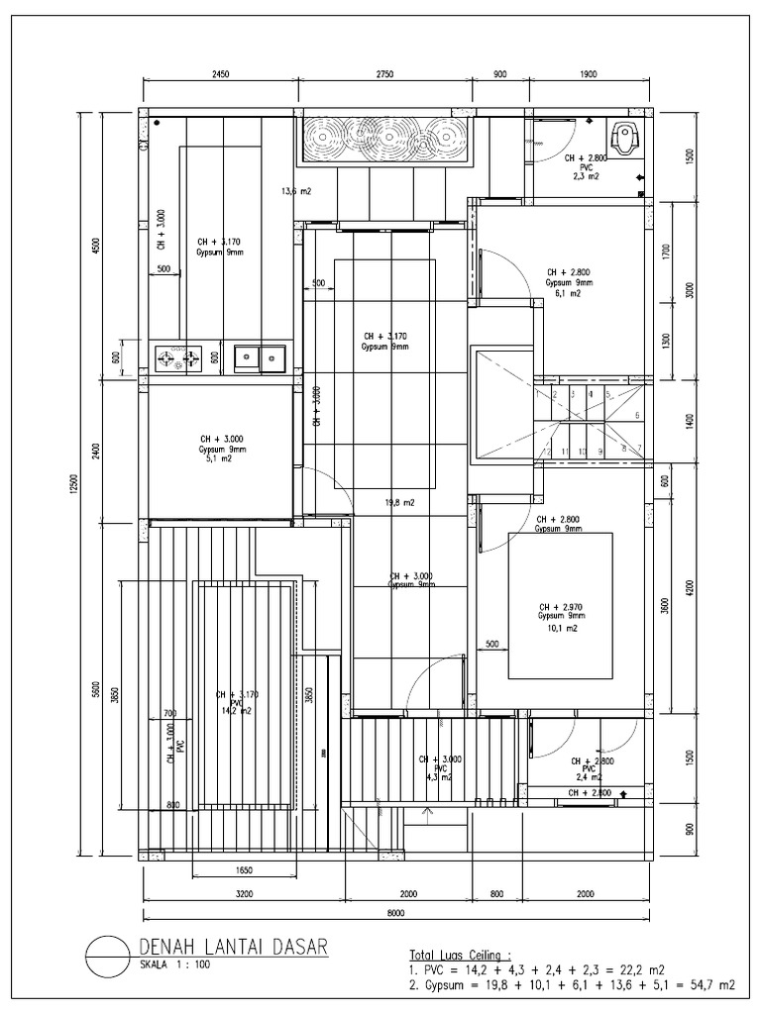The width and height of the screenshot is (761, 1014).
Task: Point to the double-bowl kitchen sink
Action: point(260,356)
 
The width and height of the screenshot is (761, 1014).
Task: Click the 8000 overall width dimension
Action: point(395,913)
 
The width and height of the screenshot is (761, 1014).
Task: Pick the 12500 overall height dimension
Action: point(74,485)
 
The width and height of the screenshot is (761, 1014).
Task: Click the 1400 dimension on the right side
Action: point(691,420)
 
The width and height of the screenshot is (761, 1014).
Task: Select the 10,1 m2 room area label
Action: point(561,628)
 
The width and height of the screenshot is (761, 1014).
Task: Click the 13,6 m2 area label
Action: point(296,191)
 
